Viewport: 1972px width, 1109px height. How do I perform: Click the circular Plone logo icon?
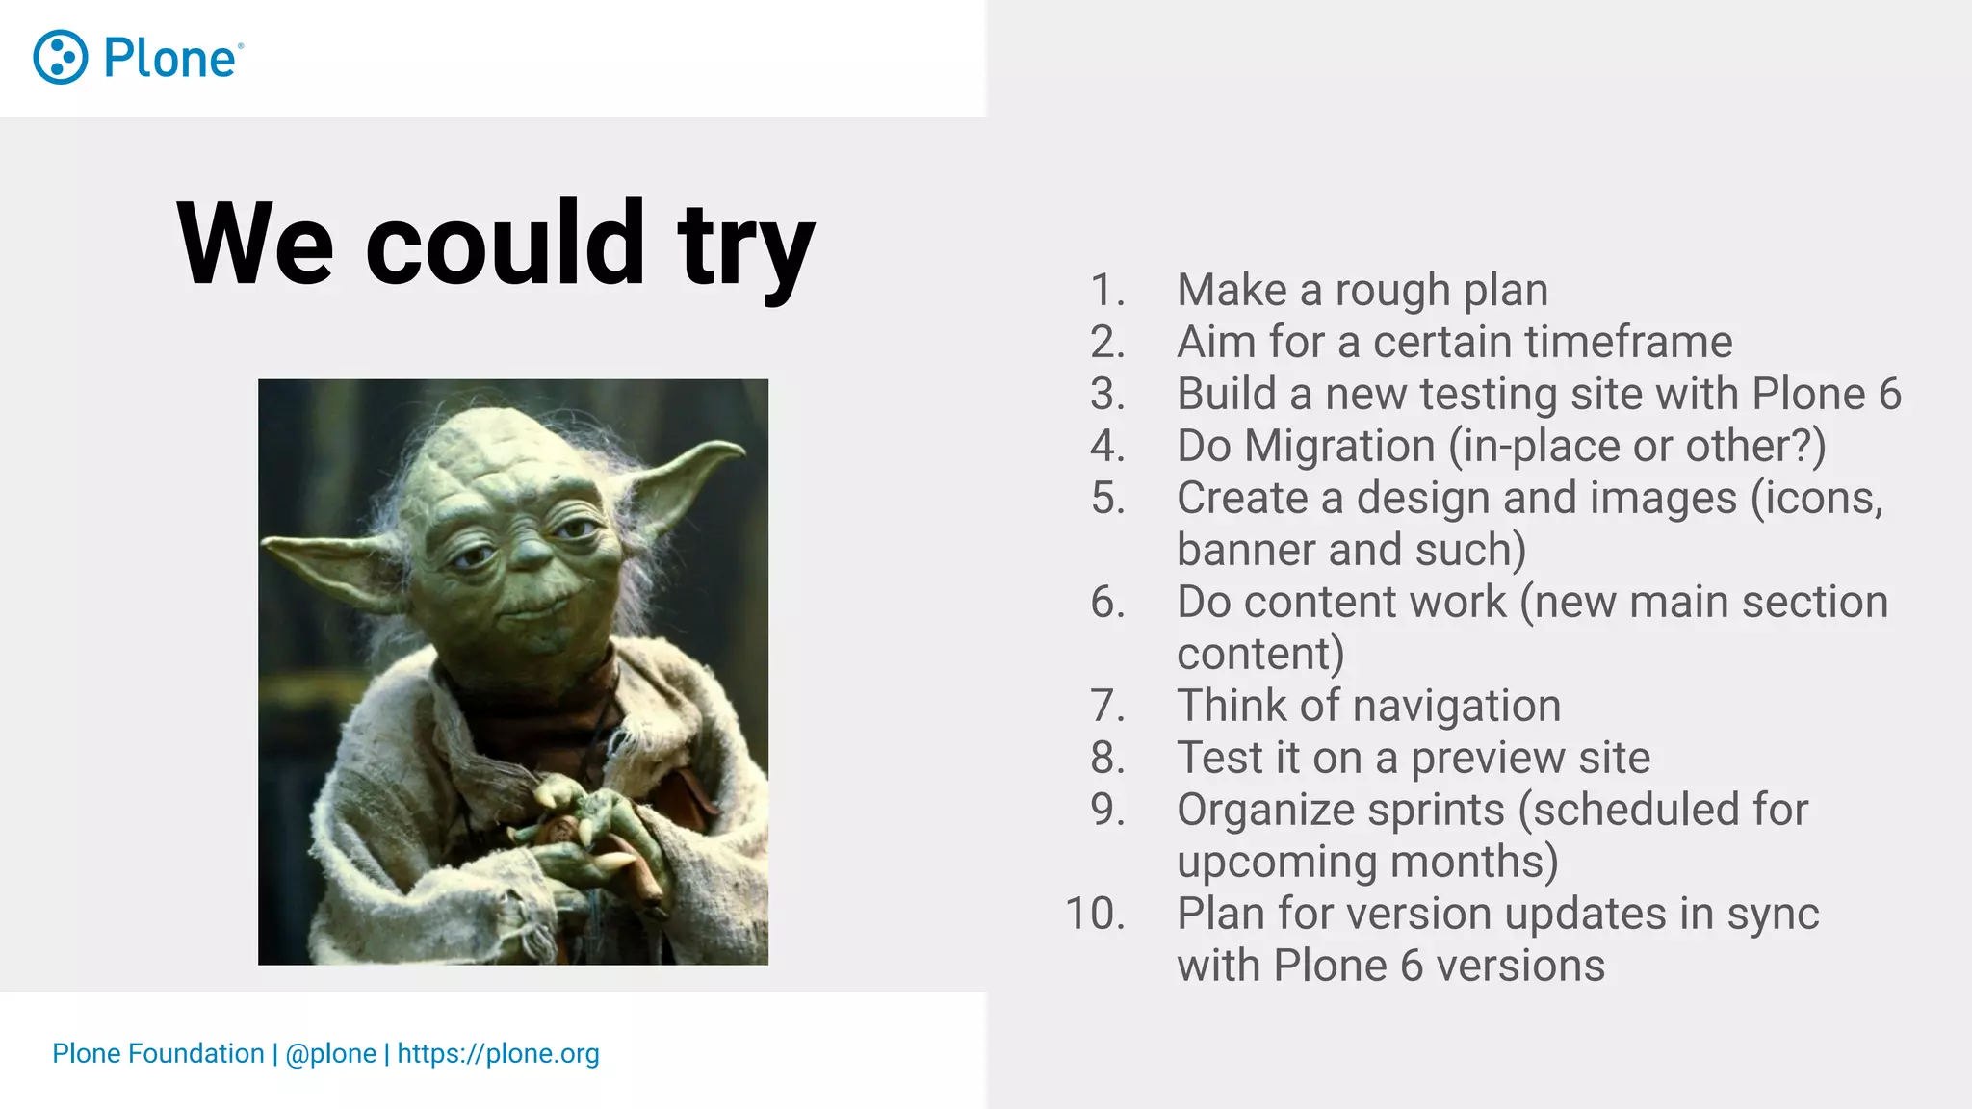pos(61,58)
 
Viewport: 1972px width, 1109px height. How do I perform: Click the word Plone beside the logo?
pos(169,59)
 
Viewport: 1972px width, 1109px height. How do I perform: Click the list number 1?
pos(1106,291)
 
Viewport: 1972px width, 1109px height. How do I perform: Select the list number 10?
pos(1095,914)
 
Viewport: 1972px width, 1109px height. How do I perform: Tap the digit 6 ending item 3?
pos(1889,394)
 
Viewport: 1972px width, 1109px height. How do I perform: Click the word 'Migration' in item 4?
pos(1339,446)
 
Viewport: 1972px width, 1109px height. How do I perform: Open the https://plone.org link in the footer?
pos(498,1053)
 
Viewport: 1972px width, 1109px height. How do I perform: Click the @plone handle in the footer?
pos(330,1053)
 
